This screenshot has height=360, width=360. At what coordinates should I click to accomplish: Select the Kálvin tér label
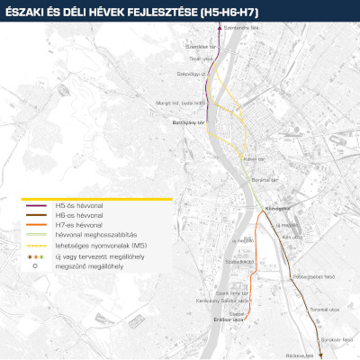click(254, 159)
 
